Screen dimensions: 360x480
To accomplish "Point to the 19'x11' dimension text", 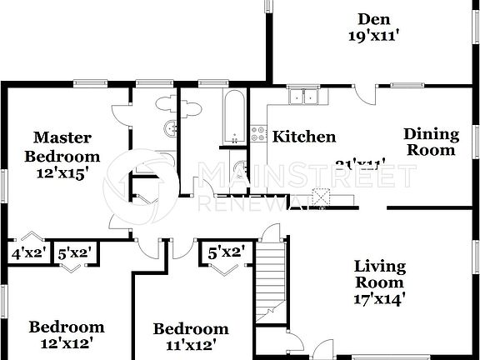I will (x=374, y=35).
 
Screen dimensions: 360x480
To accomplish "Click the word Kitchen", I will (x=305, y=137).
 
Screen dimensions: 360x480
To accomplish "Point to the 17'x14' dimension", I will (x=380, y=297).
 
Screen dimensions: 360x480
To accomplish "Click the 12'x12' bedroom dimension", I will (x=67, y=342).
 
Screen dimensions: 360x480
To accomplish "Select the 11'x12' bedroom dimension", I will (x=190, y=343).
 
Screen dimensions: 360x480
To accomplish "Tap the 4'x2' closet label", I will (x=27, y=252).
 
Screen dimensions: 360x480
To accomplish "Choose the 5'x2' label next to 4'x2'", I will (x=72, y=252).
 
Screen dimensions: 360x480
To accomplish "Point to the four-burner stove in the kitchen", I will (x=257, y=134).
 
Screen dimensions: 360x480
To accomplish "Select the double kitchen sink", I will (x=304, y=97).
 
